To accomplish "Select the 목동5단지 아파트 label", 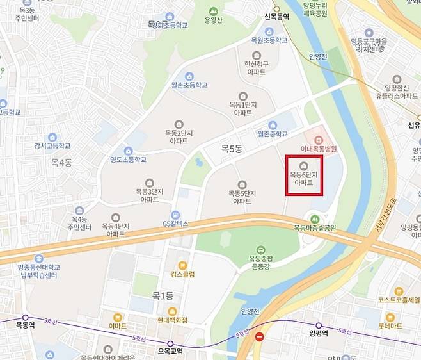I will [x=242, y=197].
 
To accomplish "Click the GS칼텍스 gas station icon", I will [x=175, y=215].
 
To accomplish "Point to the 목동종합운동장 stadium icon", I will [x=260, y=249].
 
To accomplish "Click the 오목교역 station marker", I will [x=171, y=343].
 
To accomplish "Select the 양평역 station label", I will [x=317, y=333].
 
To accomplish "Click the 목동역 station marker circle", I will [x=26, y=317].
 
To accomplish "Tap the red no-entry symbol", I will [x=259, y=336].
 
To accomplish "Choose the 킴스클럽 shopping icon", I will [x=182, y=265].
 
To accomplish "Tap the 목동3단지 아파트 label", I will [x=150, y=195].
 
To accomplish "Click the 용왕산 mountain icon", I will [x=213, y=12].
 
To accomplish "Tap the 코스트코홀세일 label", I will [x=399, y=300].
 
